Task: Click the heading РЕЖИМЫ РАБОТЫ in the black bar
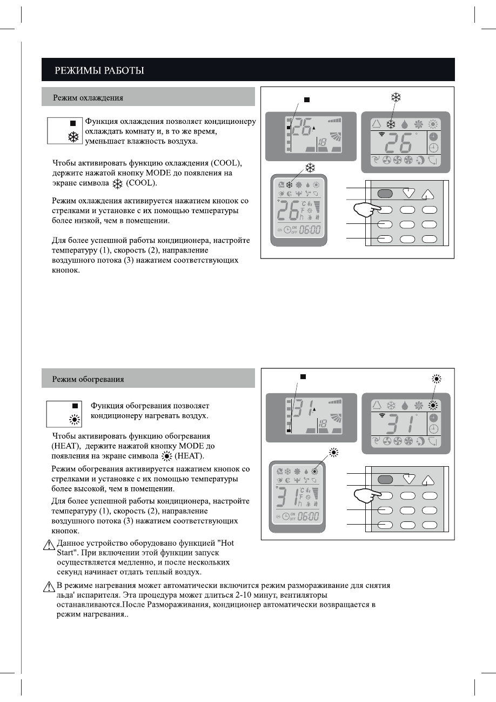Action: click(x=98, y=70)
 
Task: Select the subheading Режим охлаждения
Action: click(x=88, y=98)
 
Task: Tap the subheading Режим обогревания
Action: click(x=88, y=379)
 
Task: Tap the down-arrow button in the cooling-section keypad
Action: click(x=409, y=193)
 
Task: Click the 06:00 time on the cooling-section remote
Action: click(x=309, y=230)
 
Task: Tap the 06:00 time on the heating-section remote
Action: click(x=309, y=516)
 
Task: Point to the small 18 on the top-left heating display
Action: click(x=322, y=423)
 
